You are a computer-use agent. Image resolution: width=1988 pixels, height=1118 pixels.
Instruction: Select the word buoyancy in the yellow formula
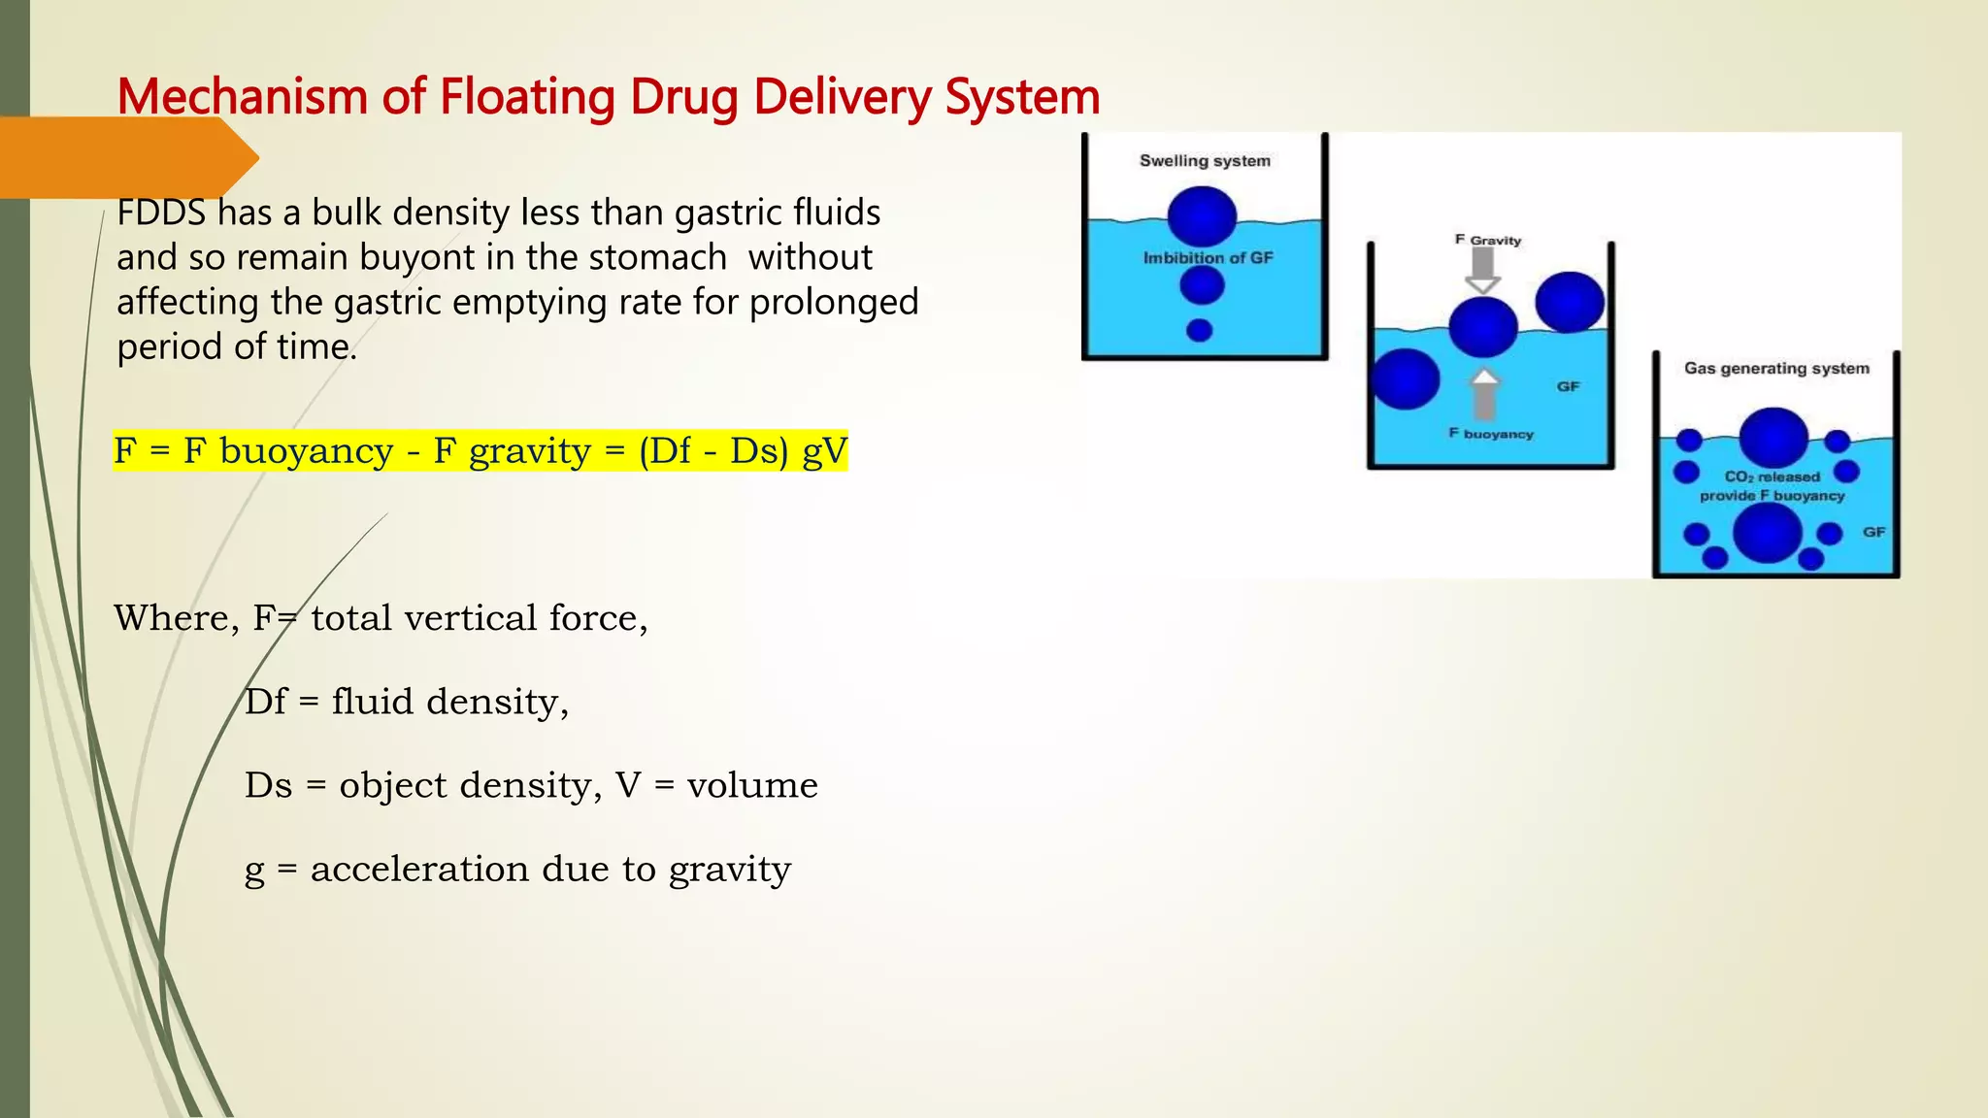click(x=307, y=451)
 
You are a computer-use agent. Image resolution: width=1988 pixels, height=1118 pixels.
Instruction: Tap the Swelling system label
click(x=1205, y=161)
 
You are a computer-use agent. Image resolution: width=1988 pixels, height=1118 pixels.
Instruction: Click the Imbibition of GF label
click(x=1208, y=258)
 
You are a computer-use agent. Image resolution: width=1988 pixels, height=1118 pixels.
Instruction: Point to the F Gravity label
click(x=1488, y=240)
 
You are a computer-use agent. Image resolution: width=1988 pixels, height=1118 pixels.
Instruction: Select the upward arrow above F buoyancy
click(x=1483, y=394)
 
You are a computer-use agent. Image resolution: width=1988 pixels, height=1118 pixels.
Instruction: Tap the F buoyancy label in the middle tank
click(x=1491, y=434)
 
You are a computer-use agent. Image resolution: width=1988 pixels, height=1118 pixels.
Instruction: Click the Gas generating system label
click(x=1776, y=369)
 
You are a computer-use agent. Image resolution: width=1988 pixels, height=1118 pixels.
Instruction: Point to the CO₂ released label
click(x=1772, y=477)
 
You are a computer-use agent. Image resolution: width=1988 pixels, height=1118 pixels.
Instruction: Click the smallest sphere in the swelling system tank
click(x=1200, y=331)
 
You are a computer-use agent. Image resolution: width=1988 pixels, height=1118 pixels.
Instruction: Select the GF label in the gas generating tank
click(x=1873, y=532)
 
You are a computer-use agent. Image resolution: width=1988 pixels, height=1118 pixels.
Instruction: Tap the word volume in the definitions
click(x=752, y=785)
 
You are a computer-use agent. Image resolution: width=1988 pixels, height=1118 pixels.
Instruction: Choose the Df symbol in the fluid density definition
click(x=265, y=702)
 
